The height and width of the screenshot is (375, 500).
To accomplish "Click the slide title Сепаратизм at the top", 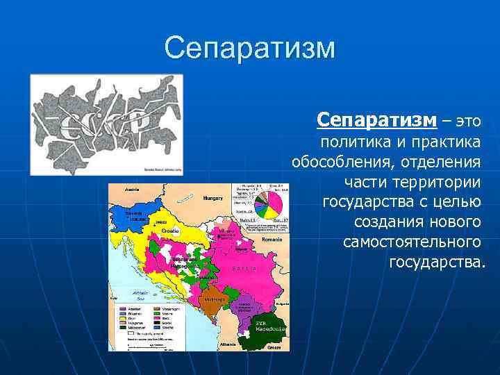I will click(250, 49).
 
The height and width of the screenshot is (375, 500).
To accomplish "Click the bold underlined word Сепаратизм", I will click(376, 119).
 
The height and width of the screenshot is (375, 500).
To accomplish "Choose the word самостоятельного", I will click(412, 242).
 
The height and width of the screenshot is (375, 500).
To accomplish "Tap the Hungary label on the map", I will click(212, 198).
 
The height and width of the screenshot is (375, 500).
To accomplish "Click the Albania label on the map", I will click(226, 344).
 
